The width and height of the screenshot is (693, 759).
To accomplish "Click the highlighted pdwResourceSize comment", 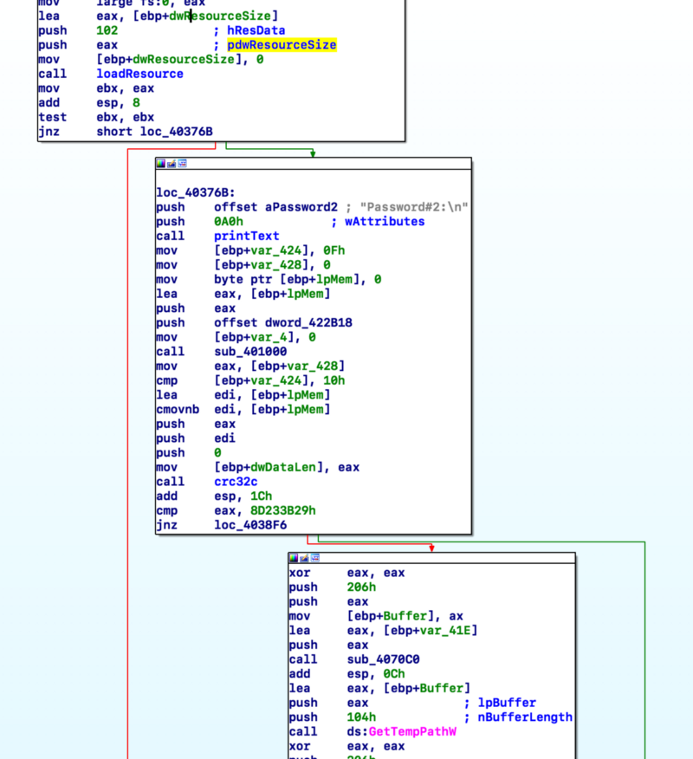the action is click(282, 45).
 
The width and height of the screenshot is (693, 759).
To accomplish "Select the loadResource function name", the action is click(139, 74).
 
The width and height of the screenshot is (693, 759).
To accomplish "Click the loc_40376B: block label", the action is click(196, 192).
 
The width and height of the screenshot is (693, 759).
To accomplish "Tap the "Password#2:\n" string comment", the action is click(414, 207).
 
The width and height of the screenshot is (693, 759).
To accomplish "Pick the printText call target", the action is click(247, 237).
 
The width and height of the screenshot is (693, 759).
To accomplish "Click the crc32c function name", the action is click(236, 482).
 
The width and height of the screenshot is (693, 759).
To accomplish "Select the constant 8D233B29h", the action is click(283, 510).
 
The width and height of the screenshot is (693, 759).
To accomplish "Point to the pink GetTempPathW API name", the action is click(412, 731).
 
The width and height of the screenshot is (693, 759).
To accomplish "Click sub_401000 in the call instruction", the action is click(250, 352).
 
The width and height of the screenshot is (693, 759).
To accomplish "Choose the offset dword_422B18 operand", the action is click(283, 323).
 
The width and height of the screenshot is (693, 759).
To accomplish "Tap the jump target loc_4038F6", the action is click(250, 525).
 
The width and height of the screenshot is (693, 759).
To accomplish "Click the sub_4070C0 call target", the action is click(383, 659).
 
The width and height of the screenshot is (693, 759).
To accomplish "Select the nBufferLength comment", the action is click(525, 717).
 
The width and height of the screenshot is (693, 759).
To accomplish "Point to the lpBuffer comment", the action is click(507, 703).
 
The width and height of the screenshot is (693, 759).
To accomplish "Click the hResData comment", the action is click(256, 30).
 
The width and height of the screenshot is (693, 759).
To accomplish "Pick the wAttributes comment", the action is click(385, 222).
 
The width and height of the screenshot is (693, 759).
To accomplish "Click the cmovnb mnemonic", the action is click(178, 410).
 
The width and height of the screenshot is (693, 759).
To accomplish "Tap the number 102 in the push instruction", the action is click(107, 30).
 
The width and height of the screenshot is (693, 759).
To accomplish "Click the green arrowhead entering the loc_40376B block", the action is click(313, 154).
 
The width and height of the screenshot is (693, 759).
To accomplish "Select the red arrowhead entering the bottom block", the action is click(431, 548).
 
